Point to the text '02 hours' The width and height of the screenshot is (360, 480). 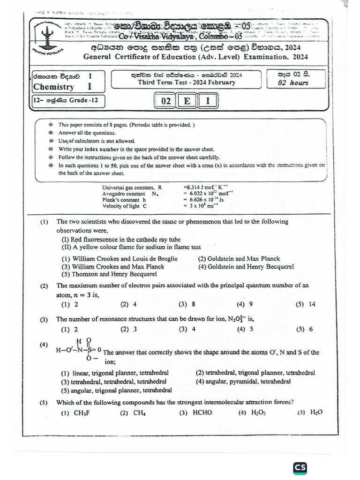tap(294, 83)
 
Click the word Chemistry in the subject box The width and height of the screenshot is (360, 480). tap(53, 87)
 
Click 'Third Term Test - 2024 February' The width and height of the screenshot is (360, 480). tap(186, 82)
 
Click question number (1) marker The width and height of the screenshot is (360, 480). tap(45, 222)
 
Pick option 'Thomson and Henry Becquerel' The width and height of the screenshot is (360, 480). tap(106, 274)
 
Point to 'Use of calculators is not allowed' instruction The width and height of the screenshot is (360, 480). tap(90, 141)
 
